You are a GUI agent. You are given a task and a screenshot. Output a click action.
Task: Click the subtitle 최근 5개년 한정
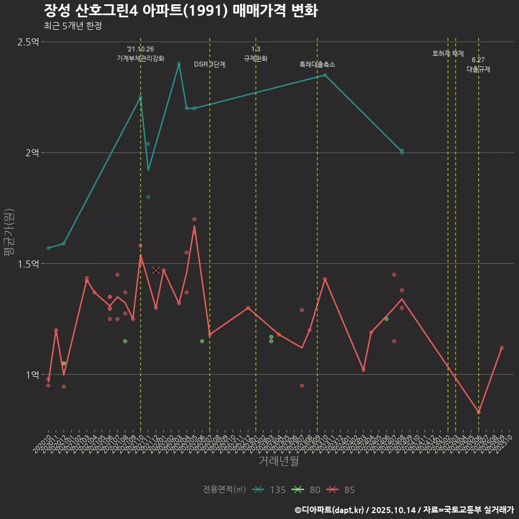pyautogui.click(x=72, y=26)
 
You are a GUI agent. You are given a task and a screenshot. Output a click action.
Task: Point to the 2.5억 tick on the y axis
pyautogui.click(x=28, y=42)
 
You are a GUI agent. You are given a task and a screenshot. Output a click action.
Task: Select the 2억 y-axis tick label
pyautogui.click(x=32, y=153)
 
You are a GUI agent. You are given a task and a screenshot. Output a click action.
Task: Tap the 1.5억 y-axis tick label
pyautogui.click(x=28, y=264)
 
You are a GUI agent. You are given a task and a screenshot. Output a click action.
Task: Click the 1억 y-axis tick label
pyautogui.click(x=32, y=375)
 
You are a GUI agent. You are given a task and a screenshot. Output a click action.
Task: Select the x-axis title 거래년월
pyautogui.click(x=278, y=461)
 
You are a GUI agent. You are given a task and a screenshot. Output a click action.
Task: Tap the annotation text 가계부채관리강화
pyautogui.click(x=141, y=58)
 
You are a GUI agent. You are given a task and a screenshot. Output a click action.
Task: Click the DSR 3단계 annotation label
pyautogui.click(x=210, y=64)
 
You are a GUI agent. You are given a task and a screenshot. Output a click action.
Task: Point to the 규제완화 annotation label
pyautogui.click(x=256, y=58)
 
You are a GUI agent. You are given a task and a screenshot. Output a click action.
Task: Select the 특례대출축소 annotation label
pyautogui.click(x=317, y=64)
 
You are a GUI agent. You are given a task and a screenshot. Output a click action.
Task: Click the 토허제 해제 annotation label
pyautogui.click(x=448, y=54)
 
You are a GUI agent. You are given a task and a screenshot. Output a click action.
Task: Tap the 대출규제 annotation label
pyautogui.click(x=478, y=70)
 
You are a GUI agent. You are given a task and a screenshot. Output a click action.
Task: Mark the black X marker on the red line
pyautogui.click(x=156, y=270)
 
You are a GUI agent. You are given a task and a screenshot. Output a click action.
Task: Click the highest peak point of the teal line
pyautogui.click(x=179, y=64)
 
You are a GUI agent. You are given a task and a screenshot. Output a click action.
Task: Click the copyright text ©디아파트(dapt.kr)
pyautogui.click(x=330, y=510)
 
